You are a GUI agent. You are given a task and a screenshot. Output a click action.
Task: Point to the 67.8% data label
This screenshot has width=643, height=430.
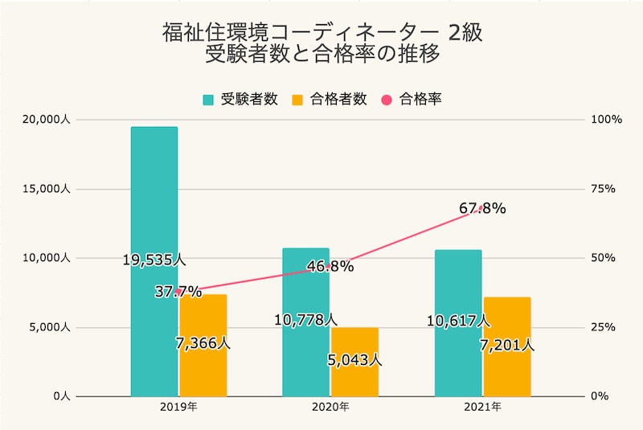[482, 209]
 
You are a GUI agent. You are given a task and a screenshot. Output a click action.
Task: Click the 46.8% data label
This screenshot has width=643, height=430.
[330, 266]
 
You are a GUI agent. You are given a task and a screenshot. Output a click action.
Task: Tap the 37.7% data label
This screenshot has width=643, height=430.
[178, 291]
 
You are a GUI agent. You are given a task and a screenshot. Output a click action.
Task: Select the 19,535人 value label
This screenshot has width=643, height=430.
[154, 260]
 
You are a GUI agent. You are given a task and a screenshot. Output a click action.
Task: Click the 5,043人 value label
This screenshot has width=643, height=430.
[354, 360]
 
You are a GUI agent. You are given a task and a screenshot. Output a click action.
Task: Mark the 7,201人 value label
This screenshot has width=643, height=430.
[506, 346]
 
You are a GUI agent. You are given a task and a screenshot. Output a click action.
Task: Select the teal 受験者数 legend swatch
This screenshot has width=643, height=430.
[208, 100]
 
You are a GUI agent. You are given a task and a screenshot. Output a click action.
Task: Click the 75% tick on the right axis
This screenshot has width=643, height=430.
[603, 189]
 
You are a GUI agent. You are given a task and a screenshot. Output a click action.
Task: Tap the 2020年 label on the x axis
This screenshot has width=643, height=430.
[330, 407]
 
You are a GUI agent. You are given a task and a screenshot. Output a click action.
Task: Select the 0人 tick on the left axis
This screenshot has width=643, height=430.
[60, 396]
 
